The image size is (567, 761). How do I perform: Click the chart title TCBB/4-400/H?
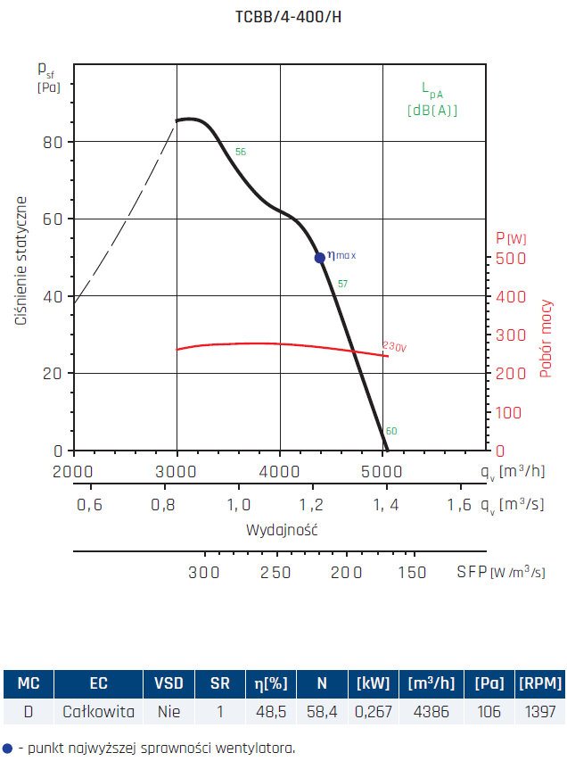283,17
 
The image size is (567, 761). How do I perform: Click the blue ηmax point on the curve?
320,258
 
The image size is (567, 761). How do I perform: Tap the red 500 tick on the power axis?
505,259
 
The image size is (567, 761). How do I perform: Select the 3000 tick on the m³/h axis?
177,470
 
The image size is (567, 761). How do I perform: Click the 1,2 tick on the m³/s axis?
312,505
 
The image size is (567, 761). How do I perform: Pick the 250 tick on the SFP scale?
275,572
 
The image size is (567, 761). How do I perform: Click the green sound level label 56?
240,153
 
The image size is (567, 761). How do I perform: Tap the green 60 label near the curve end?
391,432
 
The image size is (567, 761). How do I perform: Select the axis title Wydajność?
282,529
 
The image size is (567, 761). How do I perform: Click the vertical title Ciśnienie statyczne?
21,261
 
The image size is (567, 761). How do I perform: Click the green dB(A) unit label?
432,111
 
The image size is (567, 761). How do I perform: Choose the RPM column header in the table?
540,684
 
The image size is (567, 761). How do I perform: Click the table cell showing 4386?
431,711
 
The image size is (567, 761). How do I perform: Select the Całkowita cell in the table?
99,711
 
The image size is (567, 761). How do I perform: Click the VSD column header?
168,684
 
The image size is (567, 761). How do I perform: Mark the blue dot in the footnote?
8,749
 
